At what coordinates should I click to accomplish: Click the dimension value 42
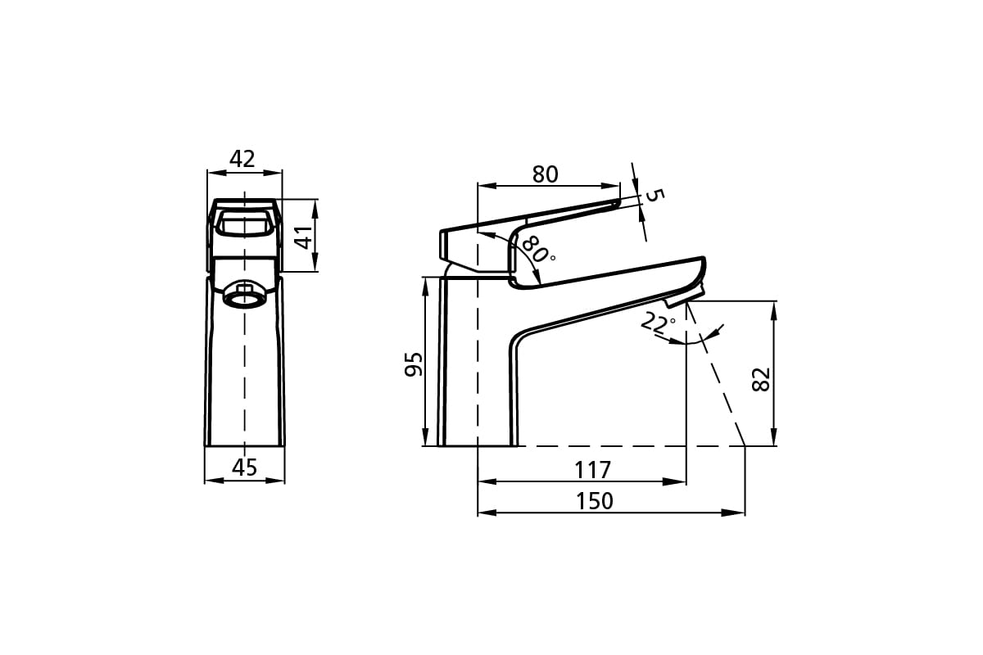click(x=242, y=159)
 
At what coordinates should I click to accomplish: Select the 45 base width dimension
click(x=244, y=468)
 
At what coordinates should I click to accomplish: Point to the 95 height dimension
click(x=413, y=364)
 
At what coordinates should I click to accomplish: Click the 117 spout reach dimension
click(x=593, y=470)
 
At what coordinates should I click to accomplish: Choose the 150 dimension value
click(x=594, y=501)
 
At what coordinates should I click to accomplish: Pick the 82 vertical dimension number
click(x=761, y=379)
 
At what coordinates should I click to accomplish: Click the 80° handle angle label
click(x=539, y=249)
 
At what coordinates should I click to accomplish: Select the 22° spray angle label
click(x=658, y=323)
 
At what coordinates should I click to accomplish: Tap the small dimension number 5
click(x=655, y=195)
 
